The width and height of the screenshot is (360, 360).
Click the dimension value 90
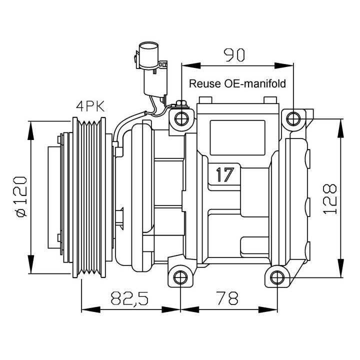234,54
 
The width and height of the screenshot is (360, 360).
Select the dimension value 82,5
129,298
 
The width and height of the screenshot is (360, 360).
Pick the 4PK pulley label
90,106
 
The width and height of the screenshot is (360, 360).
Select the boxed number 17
225,175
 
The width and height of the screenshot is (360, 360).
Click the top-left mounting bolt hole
182,118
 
